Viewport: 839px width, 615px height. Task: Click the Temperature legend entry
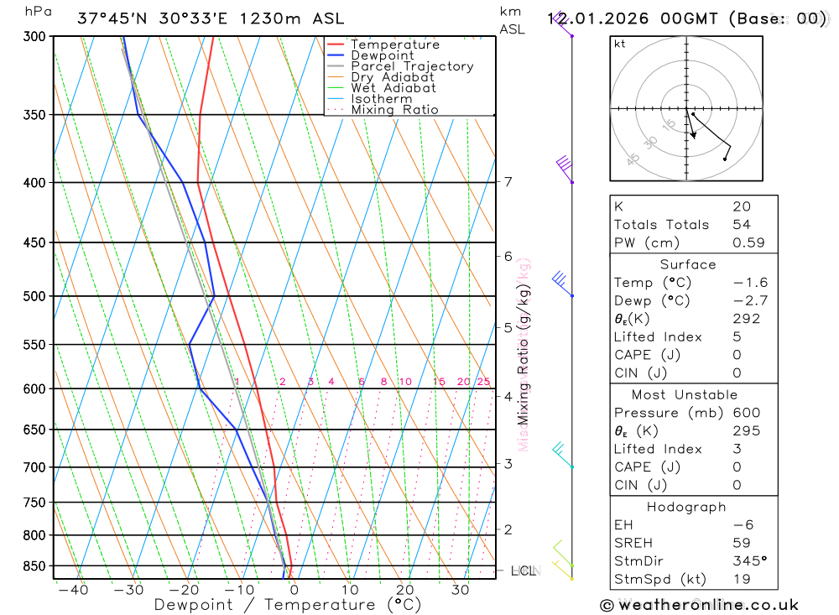[x=394, y=44]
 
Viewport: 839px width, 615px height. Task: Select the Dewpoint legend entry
[x=382, y=55]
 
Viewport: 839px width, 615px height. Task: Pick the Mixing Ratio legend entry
[x=394, y=110]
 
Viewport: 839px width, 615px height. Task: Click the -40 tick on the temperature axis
[x=73, y=590]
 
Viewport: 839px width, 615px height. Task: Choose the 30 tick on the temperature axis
[x=460, y=590]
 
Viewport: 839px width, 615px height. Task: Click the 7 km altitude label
[x=508, y=182]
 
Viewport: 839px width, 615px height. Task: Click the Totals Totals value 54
[x=741, y=225]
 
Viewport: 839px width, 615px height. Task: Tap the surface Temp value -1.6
[x=750, y=283]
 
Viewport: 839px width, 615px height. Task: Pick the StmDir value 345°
[x=750, y=561]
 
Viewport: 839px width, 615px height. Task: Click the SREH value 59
[x=741, y=543]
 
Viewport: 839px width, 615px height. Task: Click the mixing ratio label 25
[x=483, y=383]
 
